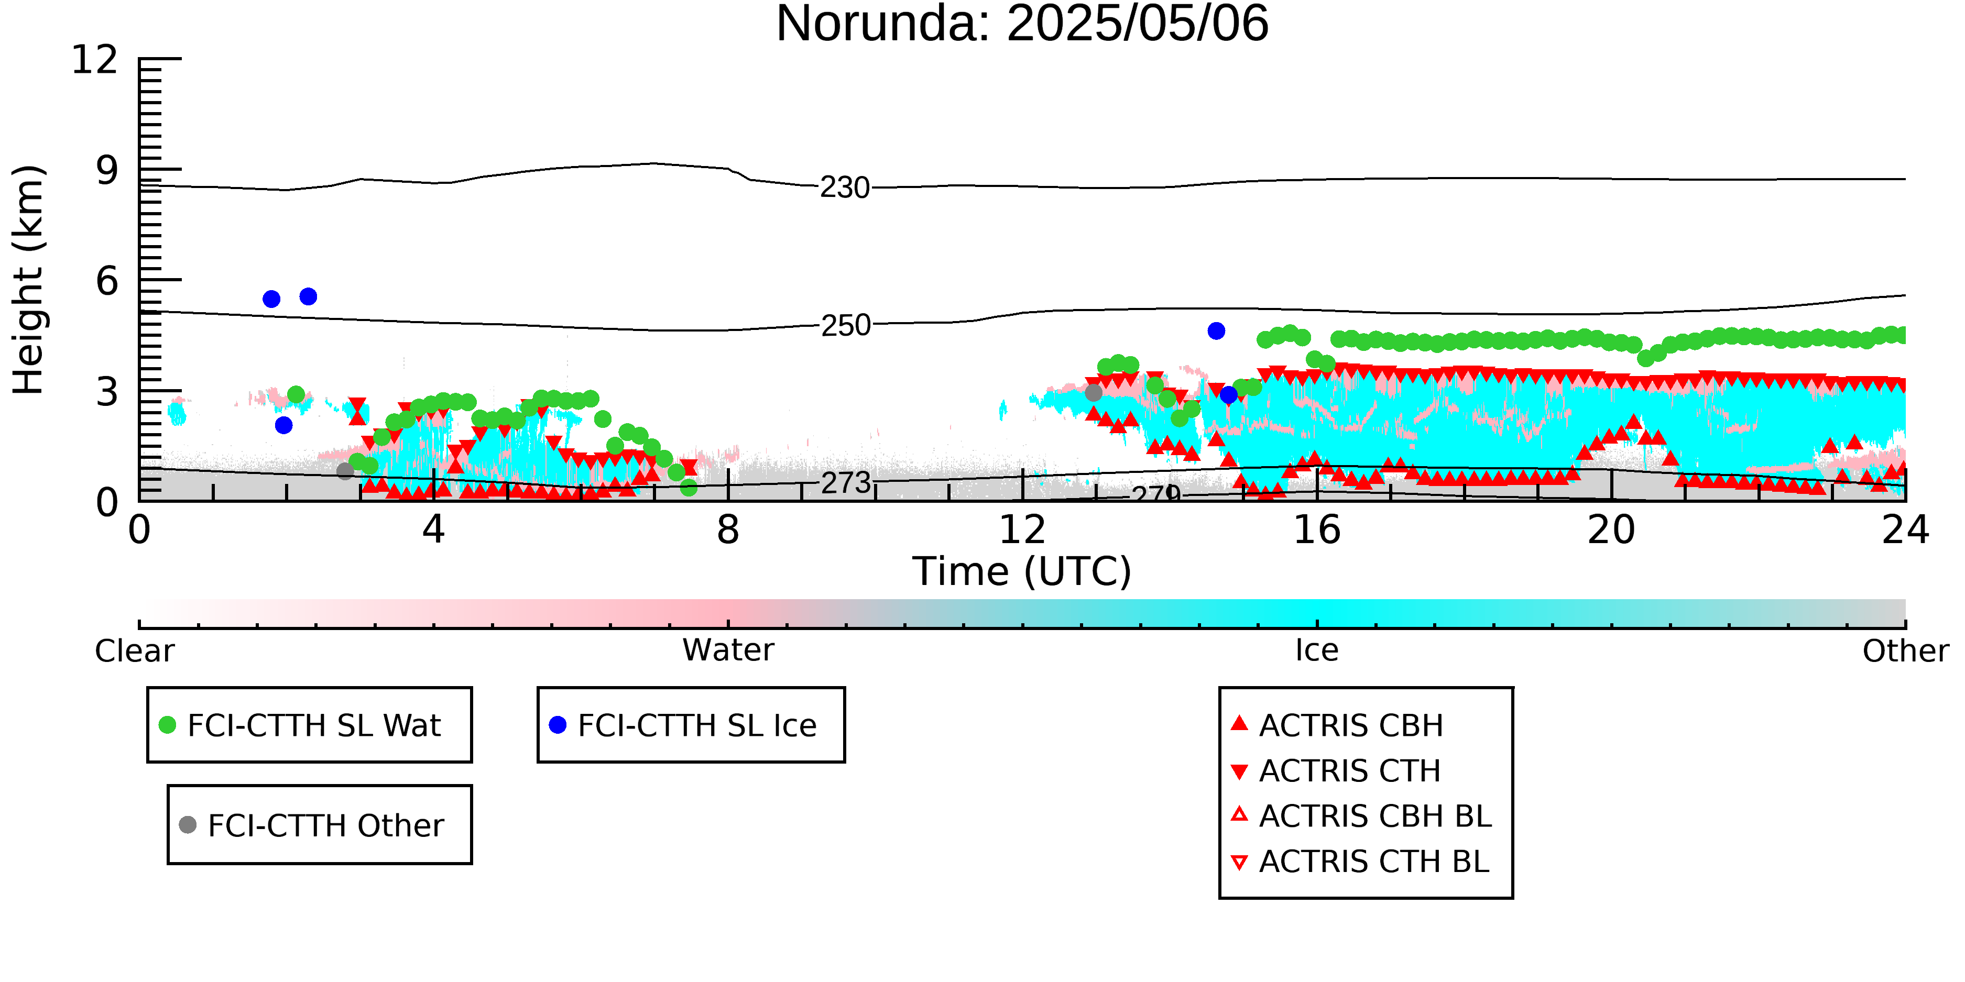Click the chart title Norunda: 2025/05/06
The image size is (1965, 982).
(1022, 23)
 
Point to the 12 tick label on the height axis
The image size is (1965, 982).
(95, 60)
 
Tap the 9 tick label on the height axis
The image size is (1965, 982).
(107, 170)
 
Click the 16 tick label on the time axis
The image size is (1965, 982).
(1317, 530)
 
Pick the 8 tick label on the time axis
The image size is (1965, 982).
(728, 530)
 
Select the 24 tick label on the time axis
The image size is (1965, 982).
(1905, 530)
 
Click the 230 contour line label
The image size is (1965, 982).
(845, 187)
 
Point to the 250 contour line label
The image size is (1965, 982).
(846, 326)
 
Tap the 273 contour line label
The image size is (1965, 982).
(846, 482)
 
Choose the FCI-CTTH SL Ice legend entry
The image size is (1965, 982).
(683, 725)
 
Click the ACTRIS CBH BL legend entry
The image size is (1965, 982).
(1361, 816)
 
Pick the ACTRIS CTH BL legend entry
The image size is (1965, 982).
(1360, 862)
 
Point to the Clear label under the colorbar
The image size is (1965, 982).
(134, 651)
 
